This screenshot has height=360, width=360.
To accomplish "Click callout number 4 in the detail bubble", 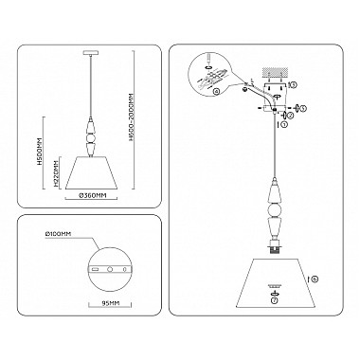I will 217,91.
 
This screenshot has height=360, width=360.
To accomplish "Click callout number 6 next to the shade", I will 315,278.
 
